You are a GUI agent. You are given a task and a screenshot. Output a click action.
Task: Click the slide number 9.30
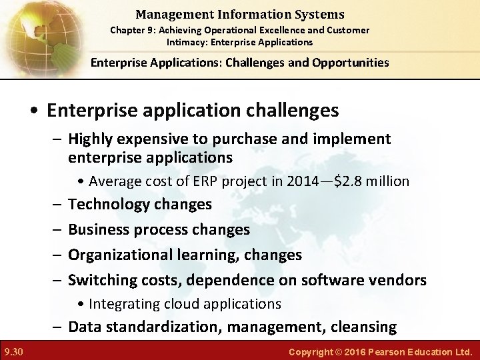pyautogui.click(x=13, y=351)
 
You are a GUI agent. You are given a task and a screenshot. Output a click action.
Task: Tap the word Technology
pyautogui.click(x=110, y=204)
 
